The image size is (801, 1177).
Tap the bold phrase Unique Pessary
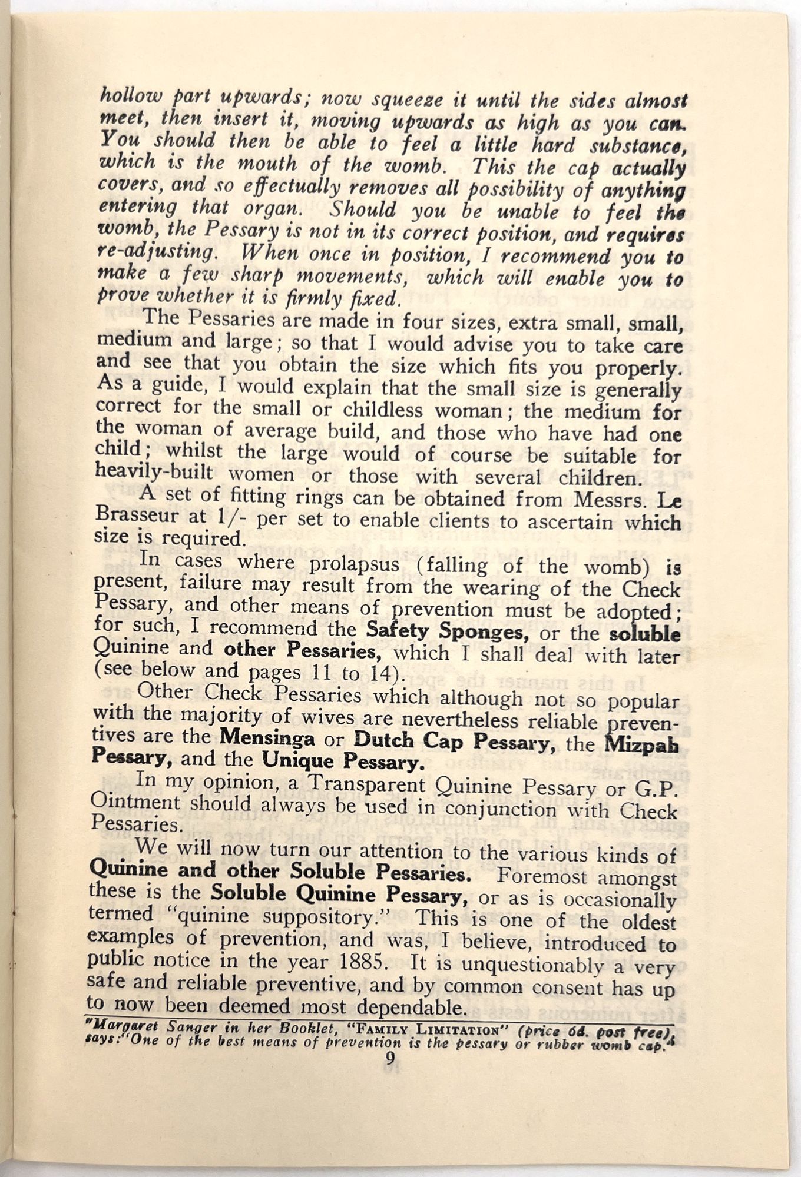343,762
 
